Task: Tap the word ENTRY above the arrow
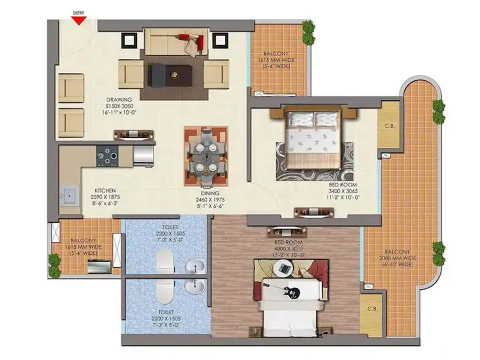[79, 13]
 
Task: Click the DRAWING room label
[119, 100]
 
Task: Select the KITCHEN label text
[105, 190]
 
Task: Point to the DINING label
[210, 193]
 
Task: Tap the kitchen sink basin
[69, 196]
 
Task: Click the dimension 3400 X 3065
[343, 191]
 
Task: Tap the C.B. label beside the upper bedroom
[389, 126]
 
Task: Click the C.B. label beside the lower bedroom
[372, 308]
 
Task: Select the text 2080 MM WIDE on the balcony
[397, 258]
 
